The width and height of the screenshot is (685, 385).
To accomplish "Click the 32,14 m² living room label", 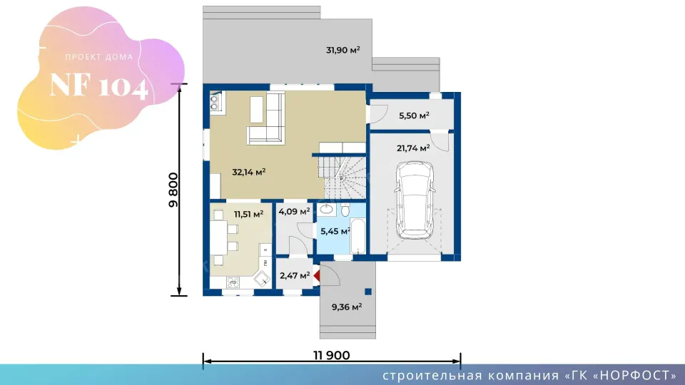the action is point(248,172).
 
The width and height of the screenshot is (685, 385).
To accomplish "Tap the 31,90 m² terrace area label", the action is point(343,50).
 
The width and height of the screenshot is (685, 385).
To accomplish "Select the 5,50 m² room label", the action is point(414,115).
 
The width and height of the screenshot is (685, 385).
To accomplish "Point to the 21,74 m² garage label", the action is point(413,148).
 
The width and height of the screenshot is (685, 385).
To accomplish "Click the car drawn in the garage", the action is point(414,200).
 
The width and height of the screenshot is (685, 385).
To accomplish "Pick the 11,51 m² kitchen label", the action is point(248,215).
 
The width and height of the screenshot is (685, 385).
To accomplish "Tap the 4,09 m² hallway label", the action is point(294,212).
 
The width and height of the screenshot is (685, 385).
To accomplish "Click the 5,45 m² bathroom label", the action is point(335,231).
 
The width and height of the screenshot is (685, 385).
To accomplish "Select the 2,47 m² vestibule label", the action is point(295,276).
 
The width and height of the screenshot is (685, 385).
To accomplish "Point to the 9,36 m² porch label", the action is point(347,307).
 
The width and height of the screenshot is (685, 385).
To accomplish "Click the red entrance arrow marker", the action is point(317,275).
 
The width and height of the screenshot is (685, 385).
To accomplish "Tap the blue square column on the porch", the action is point(368,292).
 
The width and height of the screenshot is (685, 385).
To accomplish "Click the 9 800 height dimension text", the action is point(173,190).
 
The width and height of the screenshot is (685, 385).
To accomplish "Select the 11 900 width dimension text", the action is point(332,355).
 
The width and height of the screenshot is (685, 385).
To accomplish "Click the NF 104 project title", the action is point(98,85).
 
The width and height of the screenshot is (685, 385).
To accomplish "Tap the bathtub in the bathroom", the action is point(357,236).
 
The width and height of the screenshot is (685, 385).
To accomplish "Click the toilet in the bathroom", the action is point(345,210).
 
